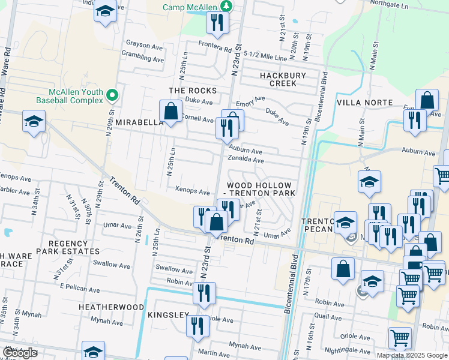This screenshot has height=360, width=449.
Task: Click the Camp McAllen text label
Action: pos(191,7)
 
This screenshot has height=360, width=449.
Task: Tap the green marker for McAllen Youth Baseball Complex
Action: pos(112,95)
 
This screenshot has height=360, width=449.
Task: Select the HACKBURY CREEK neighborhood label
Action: pos(283,79)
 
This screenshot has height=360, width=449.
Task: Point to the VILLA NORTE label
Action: pos(365,103)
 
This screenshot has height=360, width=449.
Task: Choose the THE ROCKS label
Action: pos(192,91)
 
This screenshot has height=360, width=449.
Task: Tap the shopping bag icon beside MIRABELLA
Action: pos(171,111)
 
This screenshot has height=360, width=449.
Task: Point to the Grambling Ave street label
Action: pos(143,59)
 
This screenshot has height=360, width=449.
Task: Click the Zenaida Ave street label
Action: pos(246,160)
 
